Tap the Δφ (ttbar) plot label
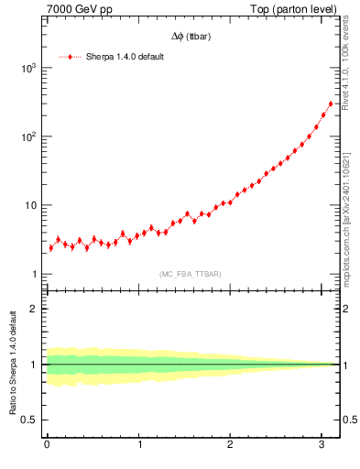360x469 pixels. pos(190,37)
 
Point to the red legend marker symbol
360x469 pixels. pos(70,57)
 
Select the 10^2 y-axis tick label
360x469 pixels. pos(28,136)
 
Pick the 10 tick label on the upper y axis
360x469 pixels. pos(31,205)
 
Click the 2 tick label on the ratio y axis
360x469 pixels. pos(35,309)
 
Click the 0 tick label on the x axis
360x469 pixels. pos(47,444)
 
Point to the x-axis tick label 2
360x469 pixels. pos(231,444)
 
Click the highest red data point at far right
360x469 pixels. pos(331,104)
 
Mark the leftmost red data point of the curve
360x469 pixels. pos(50,248)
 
